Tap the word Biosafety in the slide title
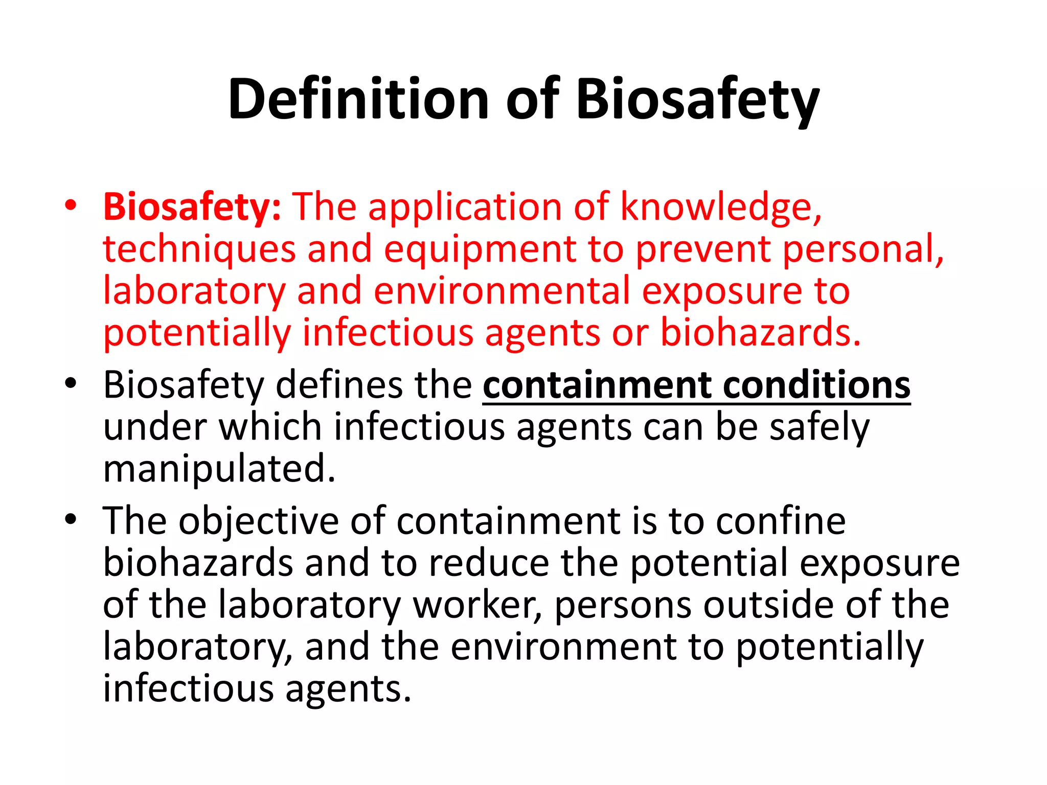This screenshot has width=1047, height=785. (x=698, y=99)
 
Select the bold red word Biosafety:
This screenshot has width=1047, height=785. (x=192, y=207)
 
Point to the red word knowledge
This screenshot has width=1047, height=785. (x=721, y=207)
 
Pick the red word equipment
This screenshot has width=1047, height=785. (x=480, y=249)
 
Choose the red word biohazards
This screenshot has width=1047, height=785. (x=760, y=333)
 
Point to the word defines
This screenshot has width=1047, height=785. (x=339, y=385)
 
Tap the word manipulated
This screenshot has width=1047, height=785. (x=219, y=469)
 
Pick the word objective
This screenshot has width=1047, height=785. (x=259, y=521)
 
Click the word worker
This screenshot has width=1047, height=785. (x=477, y=605)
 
